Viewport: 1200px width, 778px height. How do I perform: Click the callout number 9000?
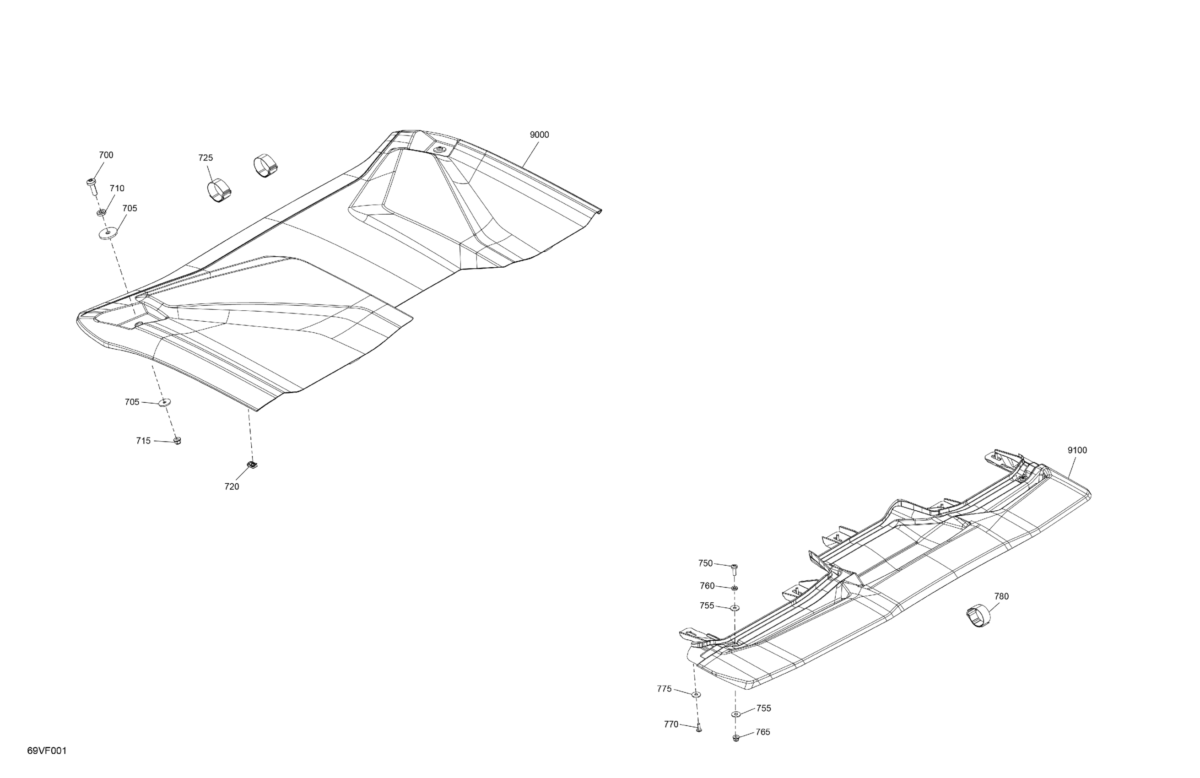[x=539, y=135]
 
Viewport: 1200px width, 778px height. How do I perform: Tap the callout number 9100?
[x=1077, y=450]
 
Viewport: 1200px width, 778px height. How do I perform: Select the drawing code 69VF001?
[x=47, y=751]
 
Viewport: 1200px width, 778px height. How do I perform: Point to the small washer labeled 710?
[x=101, y=212]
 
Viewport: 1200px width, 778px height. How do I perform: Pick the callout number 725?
[x=205, y=158]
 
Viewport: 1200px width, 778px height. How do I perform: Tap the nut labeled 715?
[x=177, y=441]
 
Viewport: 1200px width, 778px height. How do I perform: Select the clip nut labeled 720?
[x=252, y=465]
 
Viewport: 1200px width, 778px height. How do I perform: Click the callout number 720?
[x=232, y=486]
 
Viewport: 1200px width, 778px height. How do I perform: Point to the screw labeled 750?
[x=734, y=570]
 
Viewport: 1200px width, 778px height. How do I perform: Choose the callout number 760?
[x=707, y=586]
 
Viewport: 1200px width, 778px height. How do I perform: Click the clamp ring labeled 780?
[x=978, y=616]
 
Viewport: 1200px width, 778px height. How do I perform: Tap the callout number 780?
[x=1001, y=596]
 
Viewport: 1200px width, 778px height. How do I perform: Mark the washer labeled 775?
[x=696, y=694]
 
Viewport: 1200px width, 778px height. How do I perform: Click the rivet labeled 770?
[x=699, y=728]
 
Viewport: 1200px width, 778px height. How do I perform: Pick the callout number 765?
[x=762, y=732]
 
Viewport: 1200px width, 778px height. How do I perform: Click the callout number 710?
[x=117, y=189]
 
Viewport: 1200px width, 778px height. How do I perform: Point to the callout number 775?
[x=664, y=689]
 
